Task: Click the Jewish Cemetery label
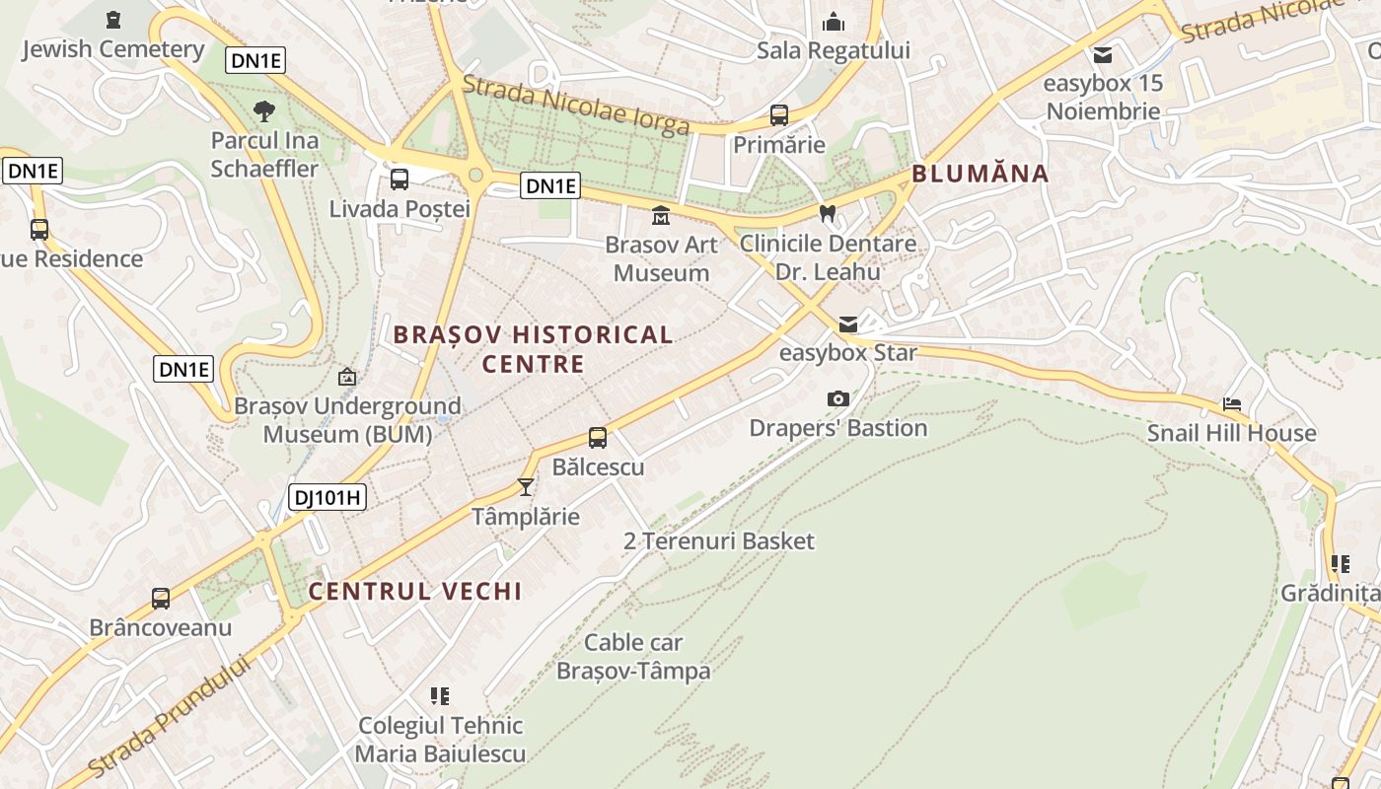pos(112,48)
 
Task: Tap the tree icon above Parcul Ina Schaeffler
pos(264,110)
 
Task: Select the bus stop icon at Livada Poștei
pos(400,179)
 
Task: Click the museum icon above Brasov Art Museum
pos(660,215)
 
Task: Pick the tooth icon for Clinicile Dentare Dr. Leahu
pos(827,213)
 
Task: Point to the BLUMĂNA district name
pos(980,174)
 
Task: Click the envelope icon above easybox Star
pos(847,323)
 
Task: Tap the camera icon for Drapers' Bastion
pos(837,398)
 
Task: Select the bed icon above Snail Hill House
pos(1231,404)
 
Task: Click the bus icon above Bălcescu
pos(598,437)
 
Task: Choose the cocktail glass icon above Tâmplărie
pos(525,486)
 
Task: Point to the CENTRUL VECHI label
pos(414,591)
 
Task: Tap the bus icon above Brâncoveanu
pos(160,598)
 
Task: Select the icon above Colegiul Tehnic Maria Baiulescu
pos(440,696)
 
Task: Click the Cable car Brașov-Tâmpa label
pos(633,657)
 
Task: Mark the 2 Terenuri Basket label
pos(719,540)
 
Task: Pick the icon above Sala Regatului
pos(834,21)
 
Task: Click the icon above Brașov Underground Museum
pos(347,377)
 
